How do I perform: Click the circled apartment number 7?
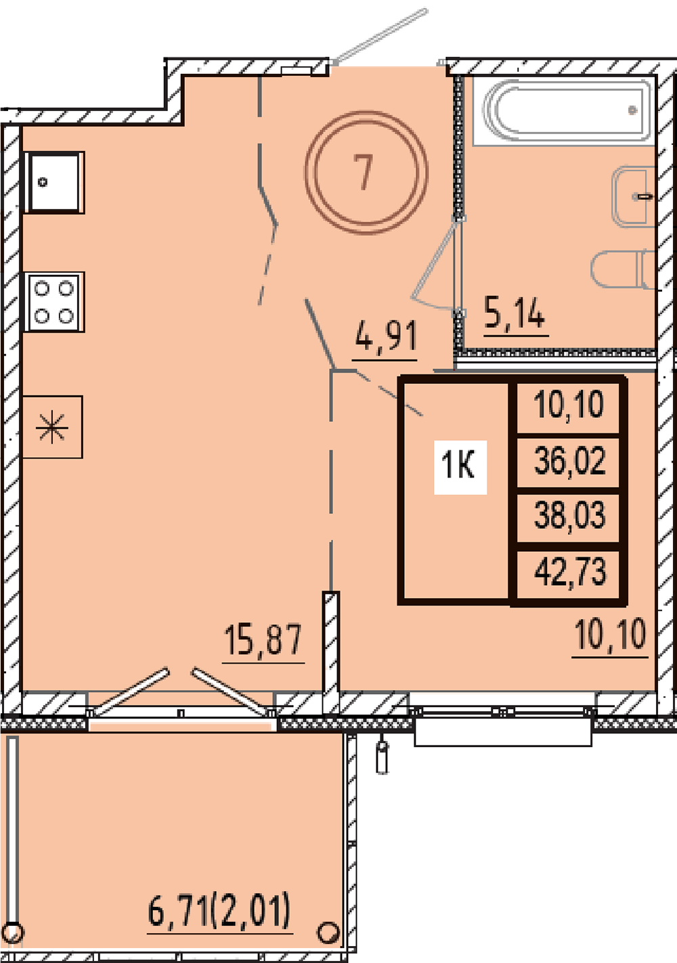tap(366, 172)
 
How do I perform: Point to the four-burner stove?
tap(54, 302)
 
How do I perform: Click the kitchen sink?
tap(54, 182)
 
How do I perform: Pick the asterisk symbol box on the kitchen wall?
tap(52, 427)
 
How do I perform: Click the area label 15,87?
tap(263, 641)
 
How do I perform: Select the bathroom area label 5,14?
tap(515, 313)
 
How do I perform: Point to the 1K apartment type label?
tap(458, 466)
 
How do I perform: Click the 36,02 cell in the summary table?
tap(568, 461)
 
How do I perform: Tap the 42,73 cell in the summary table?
tap(568, 573)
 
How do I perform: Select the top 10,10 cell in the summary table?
tap(568, 406)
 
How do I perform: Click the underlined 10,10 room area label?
tap(611, 635)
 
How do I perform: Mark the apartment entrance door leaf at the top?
tap(380, 37)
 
